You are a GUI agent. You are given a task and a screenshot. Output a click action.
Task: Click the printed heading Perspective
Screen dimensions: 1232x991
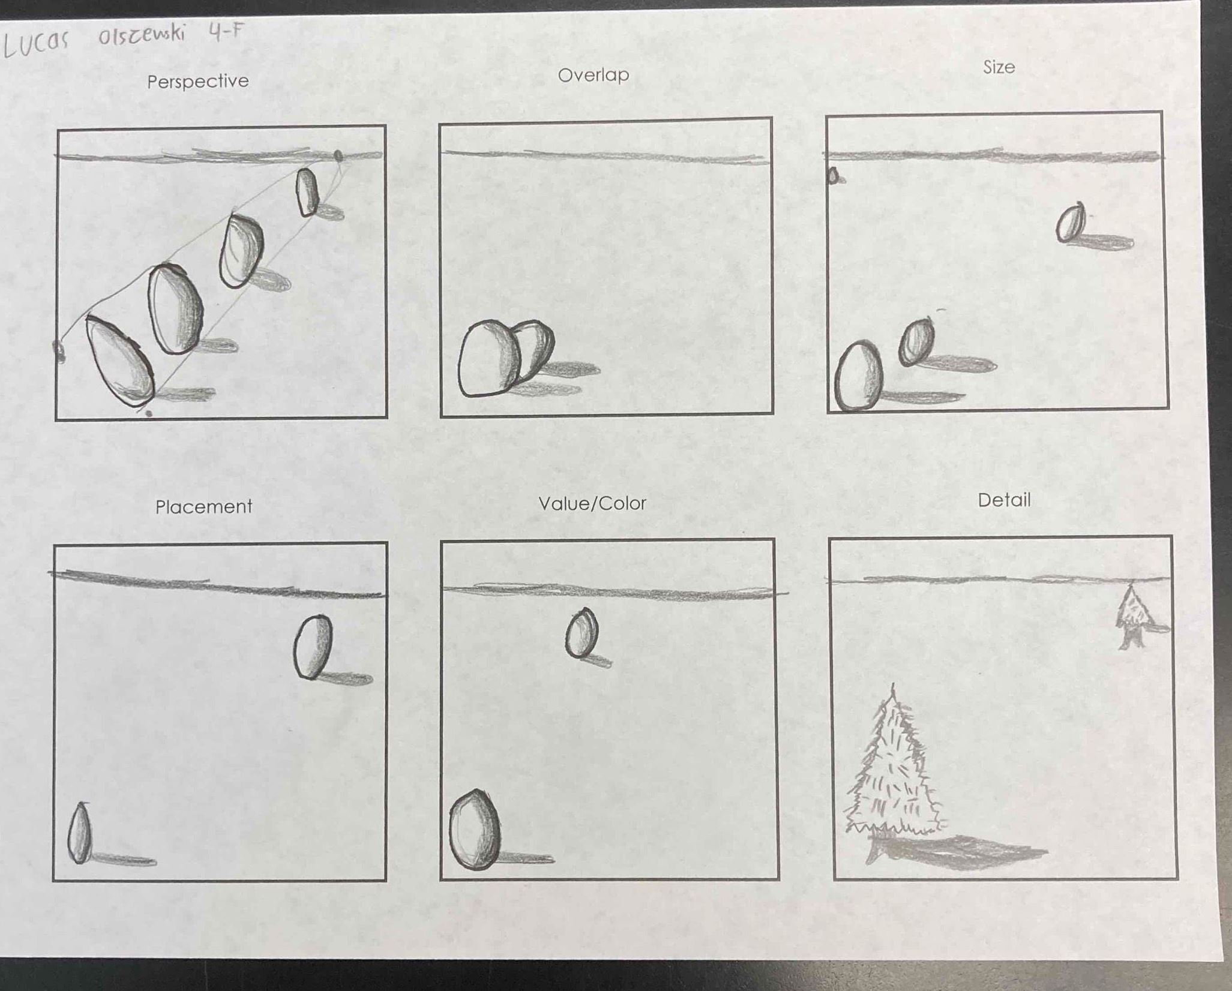(198, 81)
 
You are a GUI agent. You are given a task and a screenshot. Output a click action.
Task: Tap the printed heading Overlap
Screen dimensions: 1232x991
(593, 75)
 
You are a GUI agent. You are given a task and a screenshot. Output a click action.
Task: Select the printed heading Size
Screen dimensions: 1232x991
(999, 67)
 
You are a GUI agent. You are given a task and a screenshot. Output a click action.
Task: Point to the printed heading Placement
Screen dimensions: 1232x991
(203, 507)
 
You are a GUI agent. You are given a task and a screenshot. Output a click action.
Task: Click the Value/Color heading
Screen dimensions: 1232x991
(592, 503)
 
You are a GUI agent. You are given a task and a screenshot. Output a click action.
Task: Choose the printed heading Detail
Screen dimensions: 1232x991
(1004, 500)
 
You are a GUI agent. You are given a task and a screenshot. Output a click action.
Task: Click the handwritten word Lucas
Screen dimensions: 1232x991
(36, 42)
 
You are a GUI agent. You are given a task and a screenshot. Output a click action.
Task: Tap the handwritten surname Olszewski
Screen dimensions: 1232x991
(143, 34)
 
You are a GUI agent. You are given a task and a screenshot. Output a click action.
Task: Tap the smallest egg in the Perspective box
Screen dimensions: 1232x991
(307, 192)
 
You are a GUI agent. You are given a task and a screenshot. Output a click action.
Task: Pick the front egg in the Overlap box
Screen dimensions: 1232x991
(488, 359)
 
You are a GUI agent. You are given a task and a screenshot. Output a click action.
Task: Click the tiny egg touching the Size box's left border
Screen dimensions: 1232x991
(833, 176)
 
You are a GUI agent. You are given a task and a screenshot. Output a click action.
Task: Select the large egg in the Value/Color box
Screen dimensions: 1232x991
(475, 830)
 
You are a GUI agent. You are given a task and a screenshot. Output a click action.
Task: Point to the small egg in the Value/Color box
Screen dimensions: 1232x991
(581, 633)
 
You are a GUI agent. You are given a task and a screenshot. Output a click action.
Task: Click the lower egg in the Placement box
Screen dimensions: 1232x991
(80, 834)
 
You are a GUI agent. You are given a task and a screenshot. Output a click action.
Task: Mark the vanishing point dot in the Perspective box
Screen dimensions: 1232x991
(338, 156)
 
